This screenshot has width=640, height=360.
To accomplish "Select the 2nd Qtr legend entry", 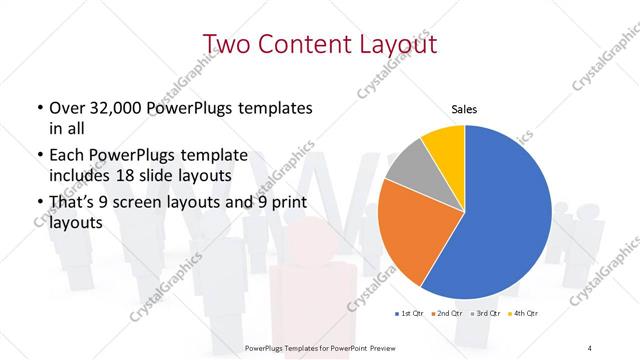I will tap(446, 315).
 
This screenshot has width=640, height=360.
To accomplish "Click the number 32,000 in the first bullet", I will tap(125, 108).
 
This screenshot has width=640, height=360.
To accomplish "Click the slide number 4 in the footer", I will tap(589, 347).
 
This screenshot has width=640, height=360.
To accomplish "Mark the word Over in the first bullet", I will tap(67, 108).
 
